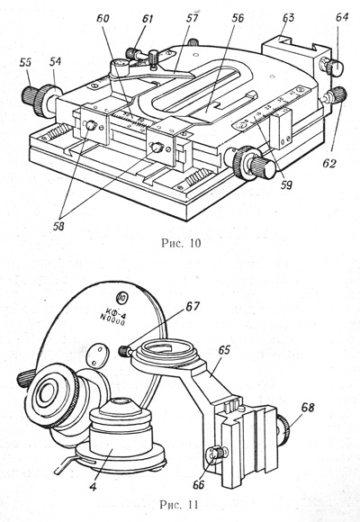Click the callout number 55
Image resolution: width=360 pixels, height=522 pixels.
coord(26,62)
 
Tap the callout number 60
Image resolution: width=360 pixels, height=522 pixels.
coord(103,18)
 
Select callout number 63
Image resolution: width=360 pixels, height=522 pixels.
coord(288,17)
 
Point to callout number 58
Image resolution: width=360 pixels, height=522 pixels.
coord(58,227)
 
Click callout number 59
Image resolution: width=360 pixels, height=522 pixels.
coord(286,184)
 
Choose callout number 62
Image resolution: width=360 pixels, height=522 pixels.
coord(329,164)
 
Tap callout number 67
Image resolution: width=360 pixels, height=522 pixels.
coord(193,306)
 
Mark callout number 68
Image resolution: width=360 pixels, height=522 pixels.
coord(308,407)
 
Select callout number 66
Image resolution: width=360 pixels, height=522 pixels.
coord(199,485)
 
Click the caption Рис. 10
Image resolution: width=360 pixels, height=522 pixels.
coord(181,243)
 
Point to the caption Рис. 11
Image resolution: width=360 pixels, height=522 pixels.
coord(179,505)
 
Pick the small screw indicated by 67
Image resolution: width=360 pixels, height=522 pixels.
coord(124,351)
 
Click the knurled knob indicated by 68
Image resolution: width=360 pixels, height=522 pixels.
coord(283,431)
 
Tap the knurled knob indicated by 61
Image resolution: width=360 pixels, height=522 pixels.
coord(132,53)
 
